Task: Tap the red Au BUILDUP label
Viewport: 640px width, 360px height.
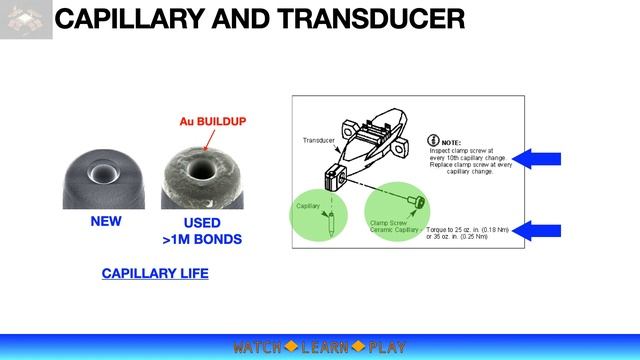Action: pyautogui.click(x=212, y=122)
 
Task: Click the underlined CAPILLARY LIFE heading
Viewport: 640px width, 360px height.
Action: pyautogui.click(x=155, y=273)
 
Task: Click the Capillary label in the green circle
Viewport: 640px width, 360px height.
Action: pyautogui.click(x=308, y=205)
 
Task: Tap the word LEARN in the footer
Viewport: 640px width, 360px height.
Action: pyautogui.click(x=325, y=348)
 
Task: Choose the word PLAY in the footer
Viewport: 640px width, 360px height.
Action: pyautogui.click(x=387, y=348)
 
